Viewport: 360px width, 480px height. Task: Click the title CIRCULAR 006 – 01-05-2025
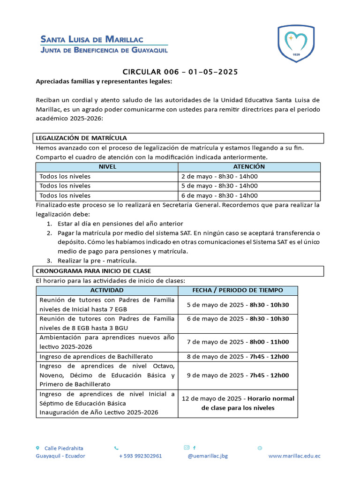point(180,72)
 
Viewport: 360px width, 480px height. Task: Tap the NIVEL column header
point(107,167)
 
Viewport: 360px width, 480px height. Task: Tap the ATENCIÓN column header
point(249,167)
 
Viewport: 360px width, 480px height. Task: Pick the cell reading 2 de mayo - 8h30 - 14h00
point(219,177)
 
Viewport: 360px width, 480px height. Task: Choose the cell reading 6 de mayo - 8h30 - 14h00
point(219,196)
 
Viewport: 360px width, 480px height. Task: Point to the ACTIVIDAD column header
point(107,291)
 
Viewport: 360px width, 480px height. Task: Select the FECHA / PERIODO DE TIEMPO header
point(238,291)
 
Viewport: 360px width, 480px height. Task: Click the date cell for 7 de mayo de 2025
point(238,342)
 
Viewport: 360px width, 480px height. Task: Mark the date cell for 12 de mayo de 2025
point(238,403)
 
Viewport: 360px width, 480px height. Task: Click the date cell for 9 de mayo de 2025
point(238,375)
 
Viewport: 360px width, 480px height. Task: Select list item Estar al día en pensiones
point(120,224)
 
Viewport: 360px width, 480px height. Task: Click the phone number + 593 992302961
point(141,456)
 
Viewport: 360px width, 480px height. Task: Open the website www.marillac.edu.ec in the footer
point(294,456)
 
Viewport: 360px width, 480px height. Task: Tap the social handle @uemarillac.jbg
point(207,456)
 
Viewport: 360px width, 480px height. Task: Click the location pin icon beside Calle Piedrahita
point(38,448)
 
